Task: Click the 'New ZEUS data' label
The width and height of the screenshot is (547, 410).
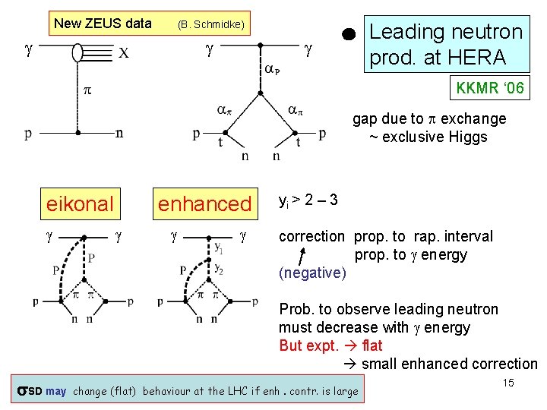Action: [103, 24]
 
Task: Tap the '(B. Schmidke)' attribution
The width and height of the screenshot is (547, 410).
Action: [210, 25]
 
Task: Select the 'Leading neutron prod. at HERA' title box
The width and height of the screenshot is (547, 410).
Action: [445, 44]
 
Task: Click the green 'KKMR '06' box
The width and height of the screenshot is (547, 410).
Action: [489, 88]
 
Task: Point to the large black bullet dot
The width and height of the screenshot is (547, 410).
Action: [348, 33]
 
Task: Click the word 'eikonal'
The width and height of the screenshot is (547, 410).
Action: [80, 203]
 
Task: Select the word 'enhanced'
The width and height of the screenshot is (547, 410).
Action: [204, 203]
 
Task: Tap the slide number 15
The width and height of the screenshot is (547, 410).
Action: [508, 383]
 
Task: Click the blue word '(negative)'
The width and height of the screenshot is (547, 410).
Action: [312, 272]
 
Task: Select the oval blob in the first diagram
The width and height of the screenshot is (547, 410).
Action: [77, 52]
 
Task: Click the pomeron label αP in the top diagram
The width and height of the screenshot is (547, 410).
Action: [272, 69]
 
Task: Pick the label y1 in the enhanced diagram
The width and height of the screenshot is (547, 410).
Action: [219, 248]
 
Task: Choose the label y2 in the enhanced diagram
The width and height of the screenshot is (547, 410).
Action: [219, 269]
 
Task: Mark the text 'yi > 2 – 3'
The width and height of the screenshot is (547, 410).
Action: [308, 201]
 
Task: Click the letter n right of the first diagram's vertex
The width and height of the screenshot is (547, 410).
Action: [119, 134]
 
